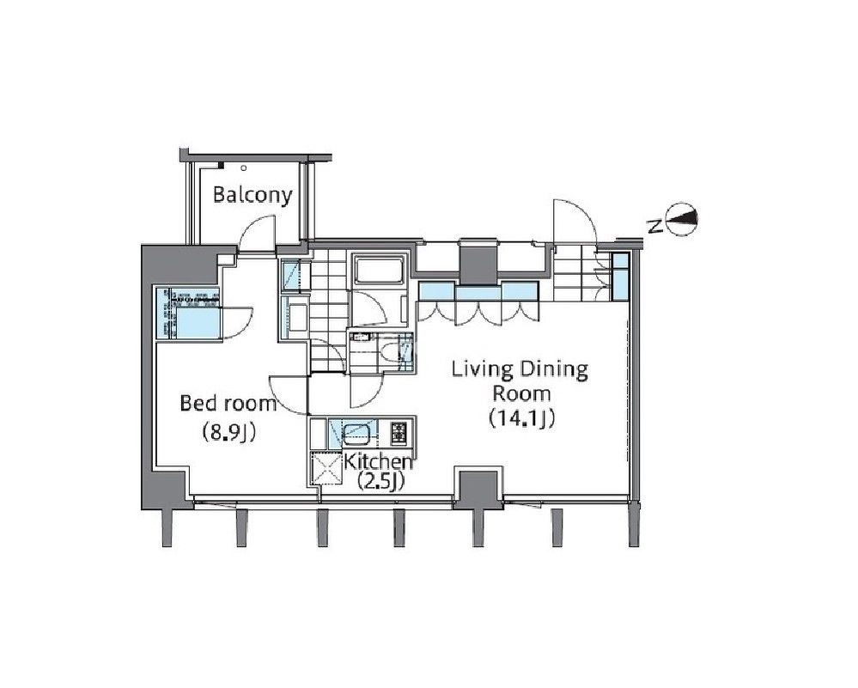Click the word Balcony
coord(253,195)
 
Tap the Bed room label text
coord(228,404)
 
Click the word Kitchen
coord(378,461)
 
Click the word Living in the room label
coord(482,369)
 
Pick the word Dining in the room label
coord(553,369)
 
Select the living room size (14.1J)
coord(521,418)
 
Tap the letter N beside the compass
coord(654,226)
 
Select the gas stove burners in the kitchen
coord(399,433)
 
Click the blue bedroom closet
coord(189,314)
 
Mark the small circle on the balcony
coord(244,168)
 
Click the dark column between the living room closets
coord(478,263)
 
